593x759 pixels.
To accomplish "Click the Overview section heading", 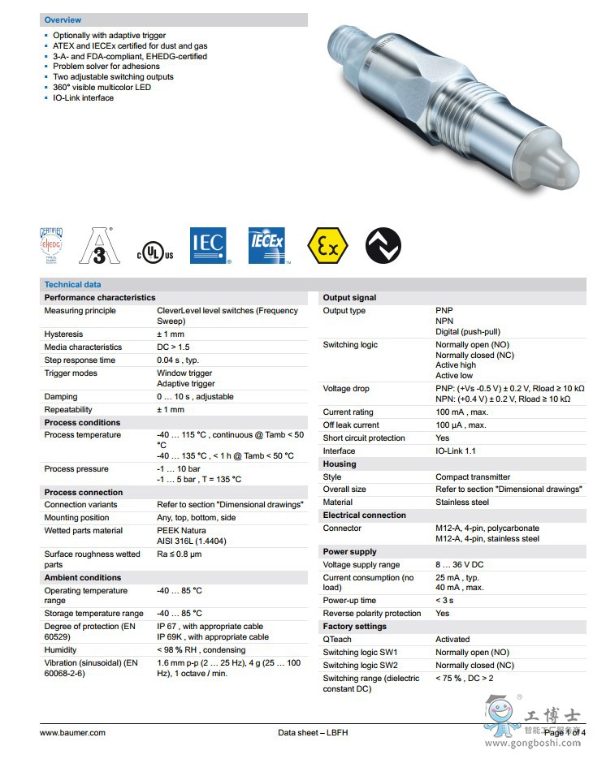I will (63, 19).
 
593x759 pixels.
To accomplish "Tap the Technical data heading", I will (72, 284).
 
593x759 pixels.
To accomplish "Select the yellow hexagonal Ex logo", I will (327, 246).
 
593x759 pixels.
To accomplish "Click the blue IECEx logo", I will (268, 246).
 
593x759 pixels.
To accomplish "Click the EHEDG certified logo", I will (51, 246).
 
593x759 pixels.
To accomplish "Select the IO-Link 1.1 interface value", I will (456, 451).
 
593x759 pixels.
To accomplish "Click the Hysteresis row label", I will (63, 334).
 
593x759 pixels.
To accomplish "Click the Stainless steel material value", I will (462, 502).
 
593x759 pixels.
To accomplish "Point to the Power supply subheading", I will (350, 552).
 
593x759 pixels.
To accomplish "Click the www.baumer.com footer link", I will (72, 733).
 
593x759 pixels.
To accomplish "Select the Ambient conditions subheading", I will (82, 578).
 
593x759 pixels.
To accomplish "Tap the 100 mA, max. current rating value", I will (461, 412).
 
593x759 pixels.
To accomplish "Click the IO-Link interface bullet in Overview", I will (83, 98).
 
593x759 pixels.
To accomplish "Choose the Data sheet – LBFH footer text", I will (313, 733).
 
